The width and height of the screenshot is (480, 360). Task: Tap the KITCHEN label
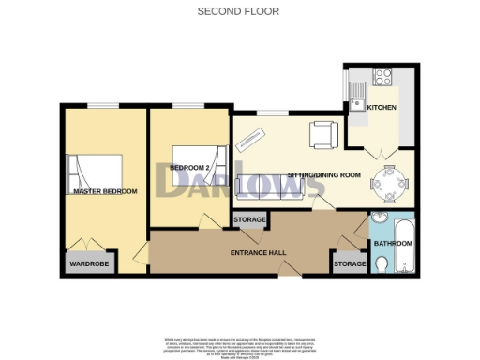(381, 108)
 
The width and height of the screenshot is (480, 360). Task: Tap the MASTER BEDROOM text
(105, 191)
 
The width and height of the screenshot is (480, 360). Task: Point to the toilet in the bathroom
(381, 264)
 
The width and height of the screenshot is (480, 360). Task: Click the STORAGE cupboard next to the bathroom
(350, 264)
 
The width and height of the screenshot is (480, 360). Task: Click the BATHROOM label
(393, 244)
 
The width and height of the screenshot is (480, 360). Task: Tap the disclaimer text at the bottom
(240, 343)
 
